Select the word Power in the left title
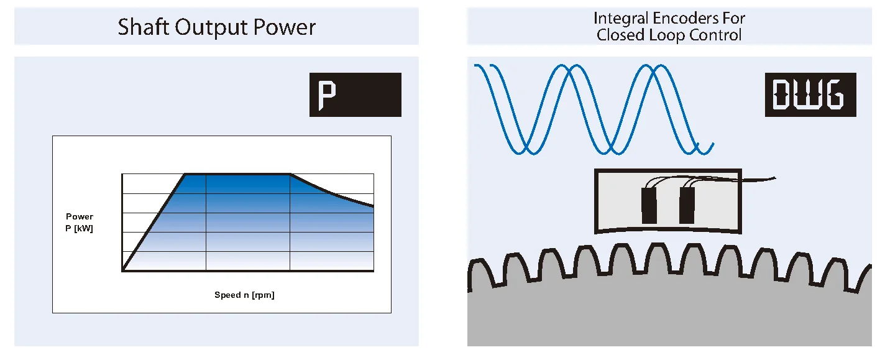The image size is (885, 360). (x=289, y=27)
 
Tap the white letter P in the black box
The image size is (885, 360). (x=327, y=95)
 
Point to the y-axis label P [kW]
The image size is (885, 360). (x=80, y=229)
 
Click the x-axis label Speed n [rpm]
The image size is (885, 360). (x=244, y=295)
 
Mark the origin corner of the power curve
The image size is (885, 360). (x=123, y=270)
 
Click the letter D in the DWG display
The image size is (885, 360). (x=782, y=95)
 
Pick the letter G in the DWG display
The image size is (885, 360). (x=835, y=95)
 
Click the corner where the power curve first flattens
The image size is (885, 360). (x=186, y=175)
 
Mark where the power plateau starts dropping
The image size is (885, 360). (x=290, y=175)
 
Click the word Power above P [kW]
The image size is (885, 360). (x=80, y=217)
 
